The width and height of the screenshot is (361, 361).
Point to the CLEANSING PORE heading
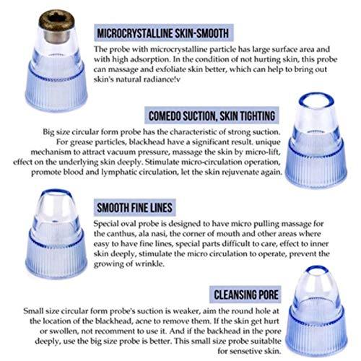point(244,294)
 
